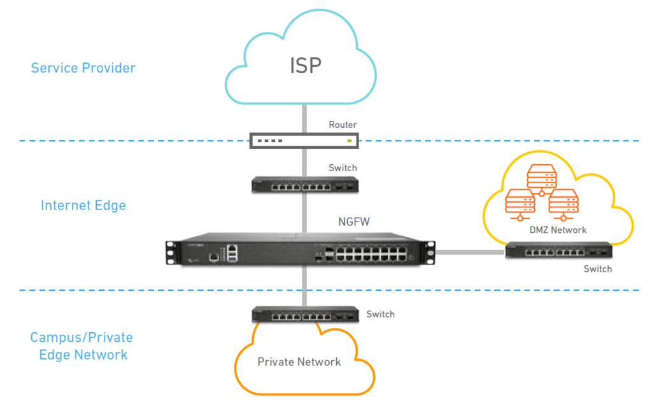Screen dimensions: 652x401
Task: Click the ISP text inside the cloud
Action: pos(306,66)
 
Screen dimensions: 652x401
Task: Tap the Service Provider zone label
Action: pos(83,67)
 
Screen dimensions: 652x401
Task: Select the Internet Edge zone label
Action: pos(83,206)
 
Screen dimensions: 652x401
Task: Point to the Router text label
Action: pos(343,125)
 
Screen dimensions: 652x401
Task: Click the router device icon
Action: pos(304,141)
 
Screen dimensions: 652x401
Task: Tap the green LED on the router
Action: pos(350,141)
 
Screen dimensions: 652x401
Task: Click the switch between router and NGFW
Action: pos(305,185)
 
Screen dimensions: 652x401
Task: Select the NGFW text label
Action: pos(354,222)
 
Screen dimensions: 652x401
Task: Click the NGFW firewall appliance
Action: pos(301,249)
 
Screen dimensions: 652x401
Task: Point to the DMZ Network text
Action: pos(558,230)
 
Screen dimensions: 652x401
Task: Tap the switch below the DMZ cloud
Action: pos(558,251)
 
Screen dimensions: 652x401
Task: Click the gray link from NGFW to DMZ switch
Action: pos(471,252)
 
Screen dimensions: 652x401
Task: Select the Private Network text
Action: pos(299,362)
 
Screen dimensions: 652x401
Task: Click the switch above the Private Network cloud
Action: pos(305,314)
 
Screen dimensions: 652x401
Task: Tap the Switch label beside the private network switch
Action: pos(381,314)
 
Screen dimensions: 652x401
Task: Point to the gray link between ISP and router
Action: pos(304,118)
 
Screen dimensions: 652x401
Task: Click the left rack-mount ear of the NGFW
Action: pos(171,252)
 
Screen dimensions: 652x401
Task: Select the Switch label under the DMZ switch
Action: pos(597,269)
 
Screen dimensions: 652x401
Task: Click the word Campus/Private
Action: pos(81,337)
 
